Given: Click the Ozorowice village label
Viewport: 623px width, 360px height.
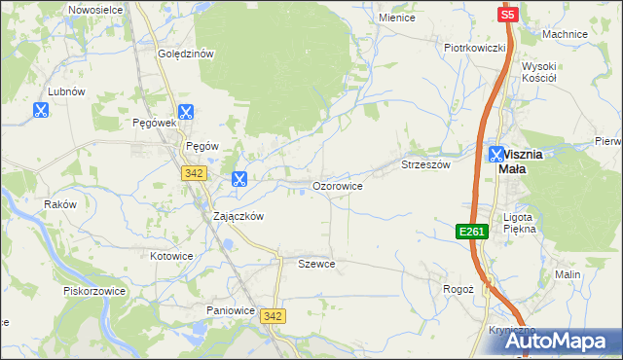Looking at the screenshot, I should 337,185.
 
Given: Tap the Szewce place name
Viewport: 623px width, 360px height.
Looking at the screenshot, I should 316,264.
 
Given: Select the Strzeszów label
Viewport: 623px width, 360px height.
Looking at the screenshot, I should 426,165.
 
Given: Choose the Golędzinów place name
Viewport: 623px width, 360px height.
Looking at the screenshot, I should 186,54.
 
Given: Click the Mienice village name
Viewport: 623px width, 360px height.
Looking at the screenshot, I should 397,18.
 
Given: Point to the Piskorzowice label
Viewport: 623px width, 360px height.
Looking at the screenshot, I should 92,291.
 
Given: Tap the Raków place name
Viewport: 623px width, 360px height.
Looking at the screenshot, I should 59,204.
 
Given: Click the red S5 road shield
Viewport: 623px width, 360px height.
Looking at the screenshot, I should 507,15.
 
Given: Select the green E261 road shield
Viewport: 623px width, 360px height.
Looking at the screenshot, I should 471,231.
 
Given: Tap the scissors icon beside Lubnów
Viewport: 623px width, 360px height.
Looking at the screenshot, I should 41,111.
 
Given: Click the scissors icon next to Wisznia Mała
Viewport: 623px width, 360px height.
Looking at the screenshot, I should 496,154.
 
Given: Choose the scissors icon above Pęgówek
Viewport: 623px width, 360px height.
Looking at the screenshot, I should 186,112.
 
